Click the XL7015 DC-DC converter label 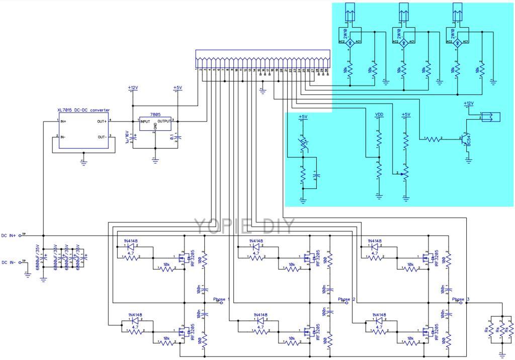[83, 110]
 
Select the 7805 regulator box [155, 125]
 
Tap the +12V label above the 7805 [132, 88]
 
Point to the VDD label [379, 115]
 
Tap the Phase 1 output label [220, 299]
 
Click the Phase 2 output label [347, 299]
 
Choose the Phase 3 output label [460, 299]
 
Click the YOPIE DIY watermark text [246, 226]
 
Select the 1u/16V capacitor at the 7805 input [126, 137]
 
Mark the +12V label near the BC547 [468, 104]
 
